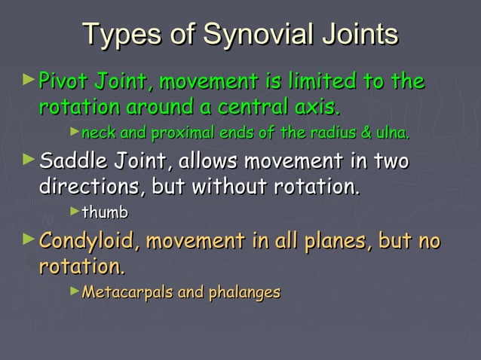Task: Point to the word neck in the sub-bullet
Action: pos(96,134)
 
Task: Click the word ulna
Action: pos(393,134)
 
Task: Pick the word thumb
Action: pos(105,213)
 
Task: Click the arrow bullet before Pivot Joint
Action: pos(29,78)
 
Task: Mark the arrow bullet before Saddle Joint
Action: pos(29,159)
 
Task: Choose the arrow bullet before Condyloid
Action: pos(29,239)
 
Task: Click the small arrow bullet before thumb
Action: pos(74,212)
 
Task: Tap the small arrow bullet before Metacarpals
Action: pos(74,290)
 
